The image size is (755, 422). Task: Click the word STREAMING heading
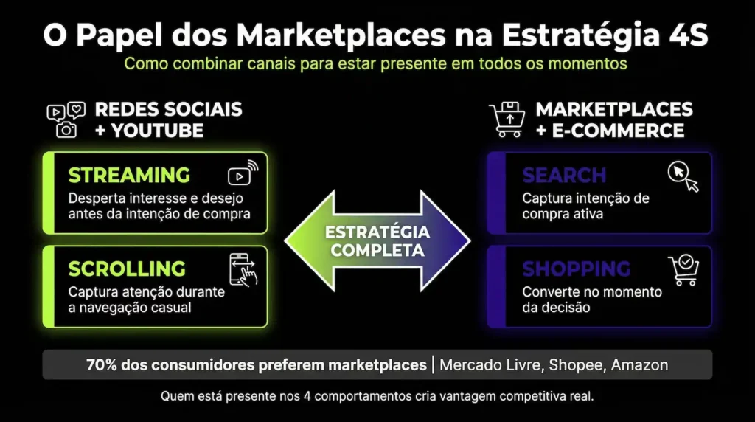pyautogui.click(x=129, y=176)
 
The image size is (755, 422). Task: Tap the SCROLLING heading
pyautogui.click(x=127, y=269)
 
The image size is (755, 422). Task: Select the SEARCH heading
pyautogui.click(x=564, y=176)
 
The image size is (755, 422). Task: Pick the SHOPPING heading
pyautogui.click(x=577, y=269)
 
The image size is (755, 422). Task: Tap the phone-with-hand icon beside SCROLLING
pyautogui.click(x=243, y=269)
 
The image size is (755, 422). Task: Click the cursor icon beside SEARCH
pyautogui.click(x=683, y=176)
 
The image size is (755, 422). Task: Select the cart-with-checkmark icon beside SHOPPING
pyautogui.click(x=683, y=270)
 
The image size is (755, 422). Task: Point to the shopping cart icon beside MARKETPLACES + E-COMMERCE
pyautogui.click(x=507, y=120)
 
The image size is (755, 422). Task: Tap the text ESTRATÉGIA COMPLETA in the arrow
pyautogui.click(x=377, y=241)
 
